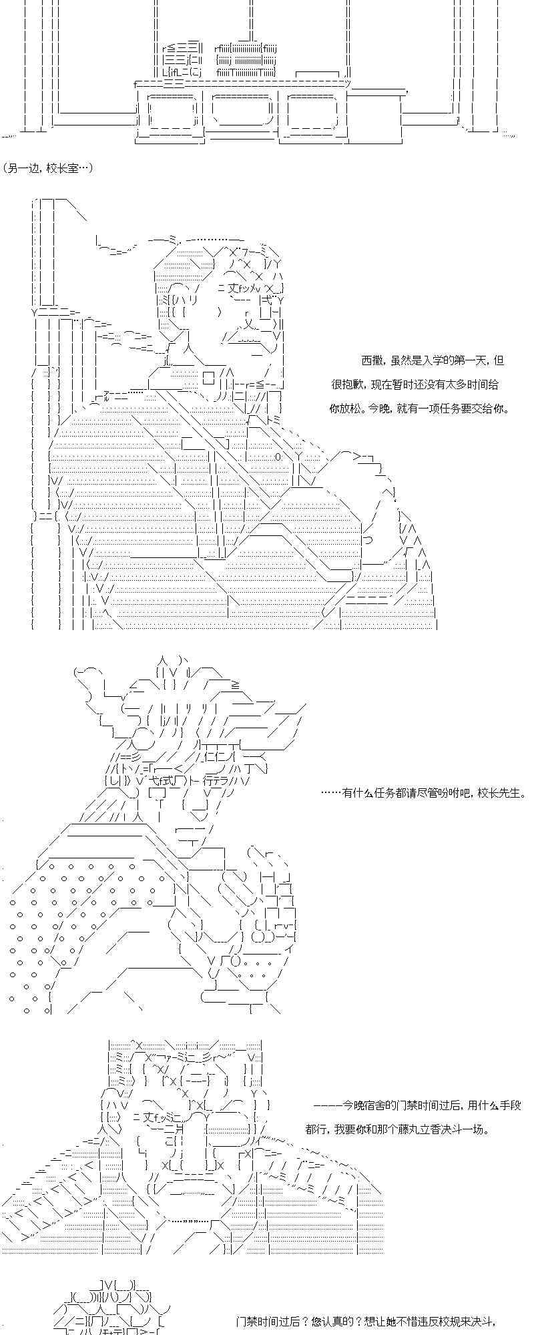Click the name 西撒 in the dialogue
click(x=372, y=360)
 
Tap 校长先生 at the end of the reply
click(x=503, y=793)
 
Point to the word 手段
click(x=509, y=1105)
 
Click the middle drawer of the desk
click(x=242, y=110)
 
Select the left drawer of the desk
click(x=170, y=110)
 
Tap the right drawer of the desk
click(x=311, y=110)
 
